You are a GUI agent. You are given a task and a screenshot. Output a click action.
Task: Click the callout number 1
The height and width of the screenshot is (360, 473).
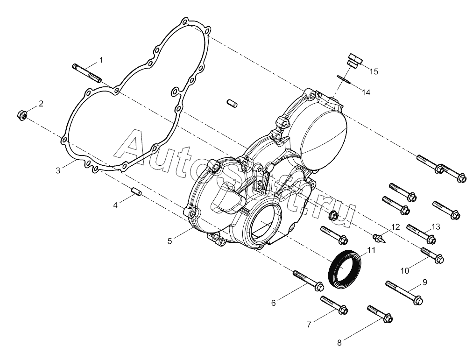pos(101,60)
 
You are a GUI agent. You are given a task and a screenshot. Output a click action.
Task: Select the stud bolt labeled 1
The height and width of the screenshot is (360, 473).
pos(86,73)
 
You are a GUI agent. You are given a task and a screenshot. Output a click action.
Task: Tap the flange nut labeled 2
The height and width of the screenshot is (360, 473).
pos(22,115)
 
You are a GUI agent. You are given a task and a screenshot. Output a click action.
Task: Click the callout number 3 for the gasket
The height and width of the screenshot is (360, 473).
pos(58,170)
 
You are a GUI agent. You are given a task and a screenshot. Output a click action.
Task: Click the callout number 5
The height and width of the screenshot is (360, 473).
pos(170,241)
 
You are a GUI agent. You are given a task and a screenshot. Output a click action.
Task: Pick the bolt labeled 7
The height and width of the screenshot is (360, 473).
pos(334,305)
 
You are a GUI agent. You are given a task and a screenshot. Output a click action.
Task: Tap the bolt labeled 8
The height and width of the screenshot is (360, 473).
pos(380,314)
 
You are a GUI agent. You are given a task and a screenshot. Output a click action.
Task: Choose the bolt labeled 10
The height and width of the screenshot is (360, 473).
pos(432,255)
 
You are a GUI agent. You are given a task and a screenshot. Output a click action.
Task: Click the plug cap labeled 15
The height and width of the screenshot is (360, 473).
pos(354,60)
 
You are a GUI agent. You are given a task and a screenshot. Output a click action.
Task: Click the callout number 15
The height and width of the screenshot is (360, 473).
pos(374,71)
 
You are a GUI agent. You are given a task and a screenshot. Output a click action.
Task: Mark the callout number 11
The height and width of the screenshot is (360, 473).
pos(371,250)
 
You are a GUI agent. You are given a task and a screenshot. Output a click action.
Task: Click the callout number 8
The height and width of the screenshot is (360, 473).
pos(339,343)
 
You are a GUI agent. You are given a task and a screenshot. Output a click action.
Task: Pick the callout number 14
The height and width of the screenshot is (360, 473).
pos(366,92)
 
